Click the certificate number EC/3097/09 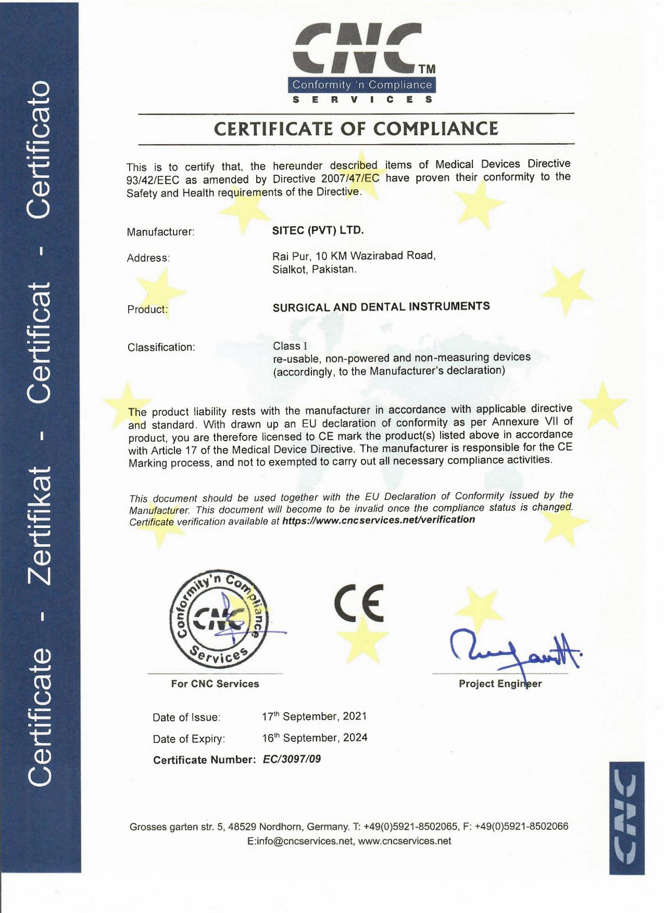[x=292, y=759]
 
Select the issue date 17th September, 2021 [x=314, y=716]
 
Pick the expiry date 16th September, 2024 [x=315, y=738]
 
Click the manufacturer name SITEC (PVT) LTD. [x=318, y=230]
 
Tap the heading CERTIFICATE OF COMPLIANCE [x=356, y=128]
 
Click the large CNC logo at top [x=359, y=49]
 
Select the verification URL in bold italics [x=378, y=520]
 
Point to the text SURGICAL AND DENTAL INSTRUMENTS [x=381, y=306]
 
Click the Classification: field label [x=161, y=347]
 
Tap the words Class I [x=290, y=346]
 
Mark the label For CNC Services [x=215, y=684]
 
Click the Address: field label [x=148, y=258]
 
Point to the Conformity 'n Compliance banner [x=362, y=85]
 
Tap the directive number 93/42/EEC [x=153, y=180]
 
